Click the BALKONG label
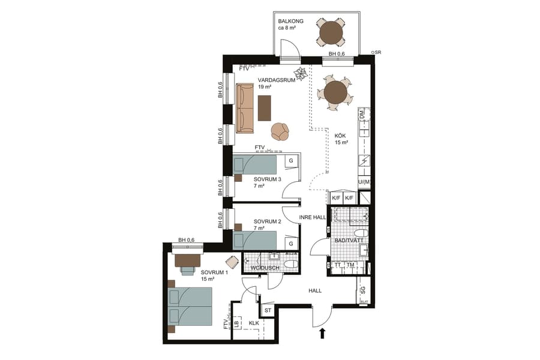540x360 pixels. click(290, 21)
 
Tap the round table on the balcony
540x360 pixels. click(331, 33)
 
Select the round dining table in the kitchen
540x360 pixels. click(335, 93)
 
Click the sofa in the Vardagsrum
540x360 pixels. click(245, 108)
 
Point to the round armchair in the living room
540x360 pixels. click(280, 131)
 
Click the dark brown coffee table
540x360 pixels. click(264, 108)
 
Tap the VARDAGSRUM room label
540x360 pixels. click(277, 80)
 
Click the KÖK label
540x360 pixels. click(340, 136)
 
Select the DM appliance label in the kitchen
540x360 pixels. click(362, 113)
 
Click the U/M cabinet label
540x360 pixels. click(364, 182)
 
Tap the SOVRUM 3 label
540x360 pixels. click(267, 179)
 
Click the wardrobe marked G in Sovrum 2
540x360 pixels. click(290, 244)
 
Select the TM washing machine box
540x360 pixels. click(350, 265)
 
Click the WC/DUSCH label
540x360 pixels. click(265, 268)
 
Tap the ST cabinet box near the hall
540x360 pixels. click(268, 310)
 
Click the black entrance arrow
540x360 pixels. click(322, 334)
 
